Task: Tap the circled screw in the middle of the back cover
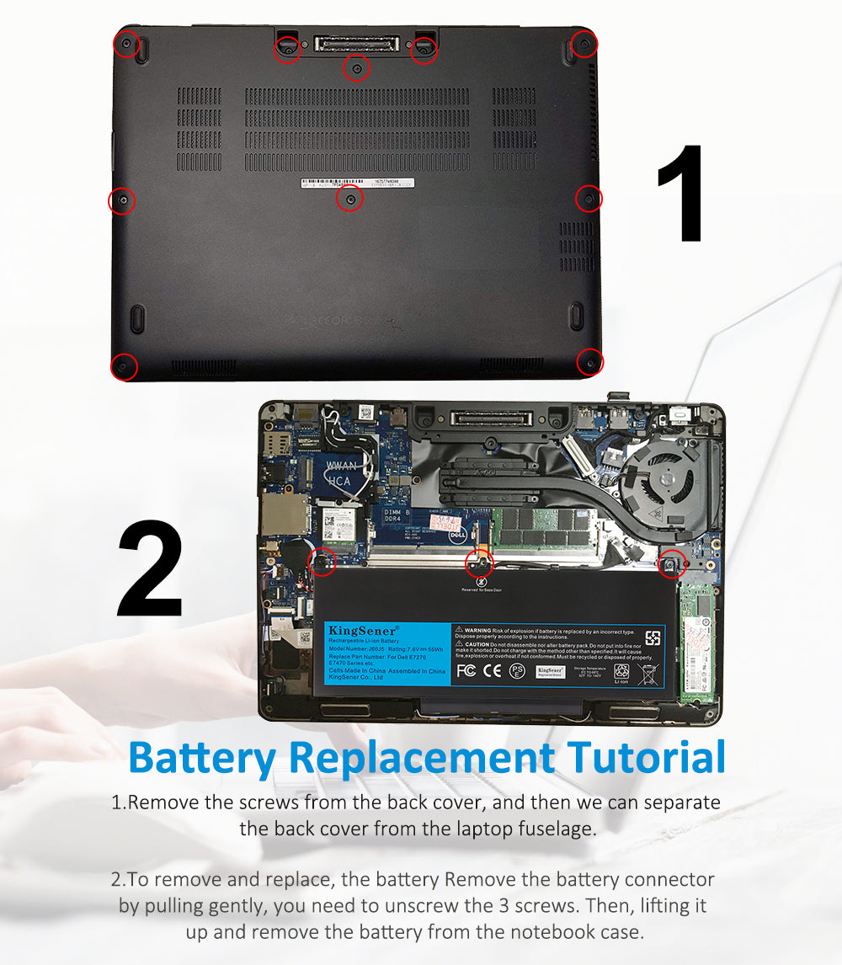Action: point(349,199)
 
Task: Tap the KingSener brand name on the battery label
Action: point(352,631)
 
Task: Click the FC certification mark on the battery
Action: point(466,671)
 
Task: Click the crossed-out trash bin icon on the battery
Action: point(650,673)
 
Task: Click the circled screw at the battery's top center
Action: point(479,563)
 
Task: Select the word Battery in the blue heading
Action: point(202,757)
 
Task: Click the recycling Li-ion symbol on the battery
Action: point(621,673)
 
